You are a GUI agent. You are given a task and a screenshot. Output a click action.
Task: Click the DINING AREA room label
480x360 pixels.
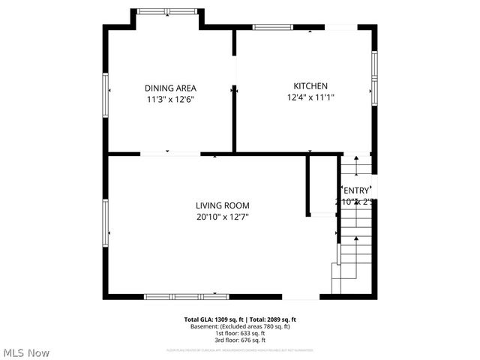click(170, 88)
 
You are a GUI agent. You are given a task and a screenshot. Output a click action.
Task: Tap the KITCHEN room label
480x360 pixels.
click(310, 86)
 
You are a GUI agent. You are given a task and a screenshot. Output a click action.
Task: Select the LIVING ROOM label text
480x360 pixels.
click(222, 205)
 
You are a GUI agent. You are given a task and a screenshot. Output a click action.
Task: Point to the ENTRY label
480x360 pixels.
click(356, 190)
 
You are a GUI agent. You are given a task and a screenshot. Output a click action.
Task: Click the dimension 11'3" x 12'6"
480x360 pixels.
click(170, 99)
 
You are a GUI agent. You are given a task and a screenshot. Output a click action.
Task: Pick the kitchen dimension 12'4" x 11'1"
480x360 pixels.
click(310, 97)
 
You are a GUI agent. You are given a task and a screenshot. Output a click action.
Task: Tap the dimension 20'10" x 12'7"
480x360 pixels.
click(222, 217)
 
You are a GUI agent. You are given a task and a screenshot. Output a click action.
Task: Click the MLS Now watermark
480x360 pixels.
click(26, 352)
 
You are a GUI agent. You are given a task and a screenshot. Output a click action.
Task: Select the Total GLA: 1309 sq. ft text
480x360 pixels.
click(214, 319)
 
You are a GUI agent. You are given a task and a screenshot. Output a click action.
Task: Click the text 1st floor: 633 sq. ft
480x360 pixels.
click(240, 333)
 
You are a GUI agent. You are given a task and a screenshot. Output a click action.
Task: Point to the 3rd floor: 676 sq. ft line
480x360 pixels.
click(240, 340)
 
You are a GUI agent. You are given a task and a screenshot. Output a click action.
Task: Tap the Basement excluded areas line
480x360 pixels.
click(240, 326)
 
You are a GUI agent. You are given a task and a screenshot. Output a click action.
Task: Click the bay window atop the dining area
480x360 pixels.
click(166, 11)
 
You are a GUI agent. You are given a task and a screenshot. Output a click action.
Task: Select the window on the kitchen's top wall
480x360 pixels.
click(272, 27)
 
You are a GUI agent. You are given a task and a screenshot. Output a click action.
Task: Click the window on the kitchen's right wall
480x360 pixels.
click(373, 77)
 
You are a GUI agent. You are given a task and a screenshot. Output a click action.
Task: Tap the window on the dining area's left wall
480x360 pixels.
click(106, 91)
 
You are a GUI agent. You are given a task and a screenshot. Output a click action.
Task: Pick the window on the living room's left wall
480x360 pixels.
click(106, 223)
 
